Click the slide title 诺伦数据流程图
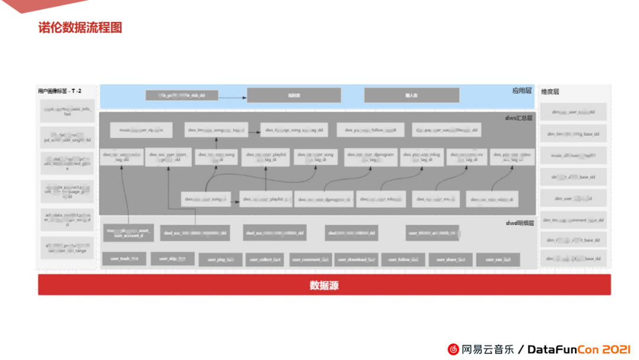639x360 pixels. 80,28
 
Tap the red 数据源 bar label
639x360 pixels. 324,285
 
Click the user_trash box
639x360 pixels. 124,259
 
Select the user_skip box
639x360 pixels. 172,259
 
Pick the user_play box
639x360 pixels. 220,259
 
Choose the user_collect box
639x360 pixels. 266,259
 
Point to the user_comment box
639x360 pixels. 311,259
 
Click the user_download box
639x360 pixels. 356,259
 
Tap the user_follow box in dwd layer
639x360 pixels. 403,259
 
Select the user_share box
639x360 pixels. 450,259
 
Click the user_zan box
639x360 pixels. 498,259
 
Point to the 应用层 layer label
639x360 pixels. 522,91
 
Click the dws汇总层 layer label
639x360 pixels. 519,118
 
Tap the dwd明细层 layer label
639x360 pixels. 519,223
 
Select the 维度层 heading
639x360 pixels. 550,92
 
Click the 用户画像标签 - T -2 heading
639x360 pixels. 59,91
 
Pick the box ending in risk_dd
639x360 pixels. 182,95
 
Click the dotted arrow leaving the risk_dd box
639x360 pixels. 232,95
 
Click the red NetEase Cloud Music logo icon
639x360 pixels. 453,349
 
